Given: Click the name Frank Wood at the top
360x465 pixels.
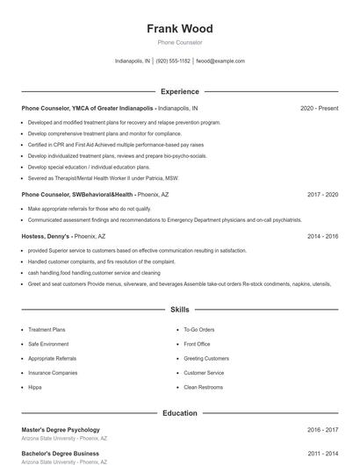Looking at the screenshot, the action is pos(179,29).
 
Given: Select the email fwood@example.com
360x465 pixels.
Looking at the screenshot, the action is pos(220,61).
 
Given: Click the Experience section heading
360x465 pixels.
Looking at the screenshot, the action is pos(179,91).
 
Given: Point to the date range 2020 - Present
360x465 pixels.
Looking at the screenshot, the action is pos(319,108).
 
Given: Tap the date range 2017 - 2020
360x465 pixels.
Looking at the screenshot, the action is pos(322,194).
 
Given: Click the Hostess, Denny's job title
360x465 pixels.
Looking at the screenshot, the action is pos(63,236).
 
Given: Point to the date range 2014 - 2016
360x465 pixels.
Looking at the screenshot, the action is pos(322,236).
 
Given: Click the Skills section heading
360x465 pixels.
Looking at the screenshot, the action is pos(179,310).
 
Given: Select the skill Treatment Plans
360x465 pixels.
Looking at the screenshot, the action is pos(47,330).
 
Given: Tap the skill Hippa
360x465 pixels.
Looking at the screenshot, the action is pos(35,387).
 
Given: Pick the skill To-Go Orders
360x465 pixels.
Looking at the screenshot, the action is pos(198,330).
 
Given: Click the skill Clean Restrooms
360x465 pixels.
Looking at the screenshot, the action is pos(203,387).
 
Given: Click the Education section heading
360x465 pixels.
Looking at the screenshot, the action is pos(179,412).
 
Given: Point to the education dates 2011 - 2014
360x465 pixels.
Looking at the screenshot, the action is pos(322,454).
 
